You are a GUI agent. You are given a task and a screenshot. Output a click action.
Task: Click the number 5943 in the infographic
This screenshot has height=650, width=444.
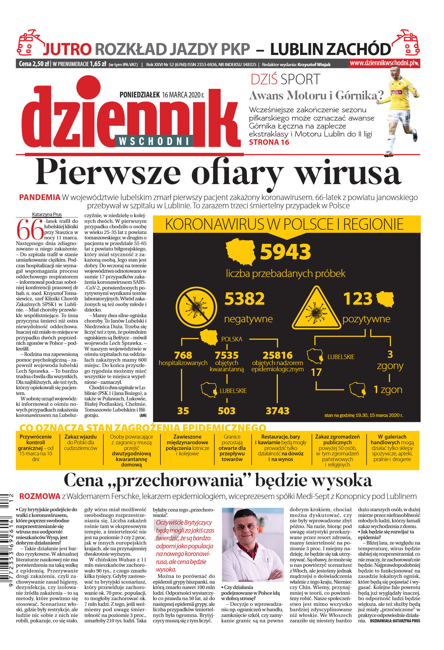coord(285,252)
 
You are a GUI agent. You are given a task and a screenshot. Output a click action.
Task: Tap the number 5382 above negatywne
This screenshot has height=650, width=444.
coord(245,299)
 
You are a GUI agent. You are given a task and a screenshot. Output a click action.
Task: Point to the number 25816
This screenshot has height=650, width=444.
coord(277,355)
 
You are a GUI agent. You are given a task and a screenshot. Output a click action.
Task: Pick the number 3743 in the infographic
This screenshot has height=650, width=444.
coord(277,411)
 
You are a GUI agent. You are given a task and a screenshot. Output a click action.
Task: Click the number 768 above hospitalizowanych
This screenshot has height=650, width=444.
coord(183,355)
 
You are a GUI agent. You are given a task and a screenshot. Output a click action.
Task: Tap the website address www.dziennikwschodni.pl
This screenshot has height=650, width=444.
coord(382,63)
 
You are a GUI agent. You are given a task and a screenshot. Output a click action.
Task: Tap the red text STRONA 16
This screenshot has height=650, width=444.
coord(269,142)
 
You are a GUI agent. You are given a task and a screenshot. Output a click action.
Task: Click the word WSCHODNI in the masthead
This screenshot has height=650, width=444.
coord(154,141)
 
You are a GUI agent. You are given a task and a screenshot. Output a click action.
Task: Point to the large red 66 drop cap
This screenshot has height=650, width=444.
coord(30,229)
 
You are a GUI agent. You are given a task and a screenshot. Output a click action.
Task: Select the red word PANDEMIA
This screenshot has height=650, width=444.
coord(40,197)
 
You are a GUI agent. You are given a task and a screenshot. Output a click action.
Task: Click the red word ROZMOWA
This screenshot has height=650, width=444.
coord(40,496)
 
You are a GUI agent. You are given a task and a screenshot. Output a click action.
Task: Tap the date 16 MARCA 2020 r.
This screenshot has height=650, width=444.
coord(183,95)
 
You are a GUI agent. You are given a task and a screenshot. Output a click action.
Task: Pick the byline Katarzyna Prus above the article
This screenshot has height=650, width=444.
coord(47,214)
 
